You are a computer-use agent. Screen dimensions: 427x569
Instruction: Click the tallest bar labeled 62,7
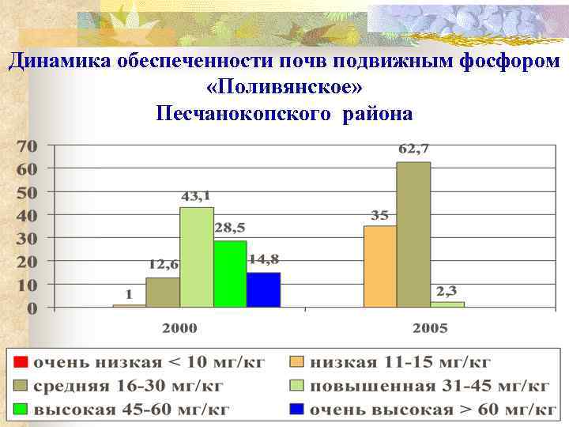pos(413,234)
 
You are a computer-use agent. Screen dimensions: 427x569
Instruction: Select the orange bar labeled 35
pos(380,266)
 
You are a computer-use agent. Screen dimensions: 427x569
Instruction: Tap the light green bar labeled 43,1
pos(197,256)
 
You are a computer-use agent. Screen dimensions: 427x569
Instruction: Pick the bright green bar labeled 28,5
pos(230,273)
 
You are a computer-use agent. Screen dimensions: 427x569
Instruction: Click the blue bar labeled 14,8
pos(263,289)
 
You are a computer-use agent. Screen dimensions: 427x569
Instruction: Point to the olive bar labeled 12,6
pos(163,292)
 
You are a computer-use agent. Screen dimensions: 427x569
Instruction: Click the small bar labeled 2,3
pos(447,304)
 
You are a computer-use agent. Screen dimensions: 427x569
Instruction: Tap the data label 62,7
pos(413,149)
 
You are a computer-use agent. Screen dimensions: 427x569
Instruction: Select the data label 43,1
pos(197,195)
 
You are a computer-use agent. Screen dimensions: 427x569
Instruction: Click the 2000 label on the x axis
pos(180,327)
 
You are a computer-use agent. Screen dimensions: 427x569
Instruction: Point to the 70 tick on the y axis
pos(27,146)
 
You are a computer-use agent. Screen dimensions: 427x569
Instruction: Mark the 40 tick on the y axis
pos(27,215)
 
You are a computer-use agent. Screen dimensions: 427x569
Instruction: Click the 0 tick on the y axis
pos(32,308)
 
